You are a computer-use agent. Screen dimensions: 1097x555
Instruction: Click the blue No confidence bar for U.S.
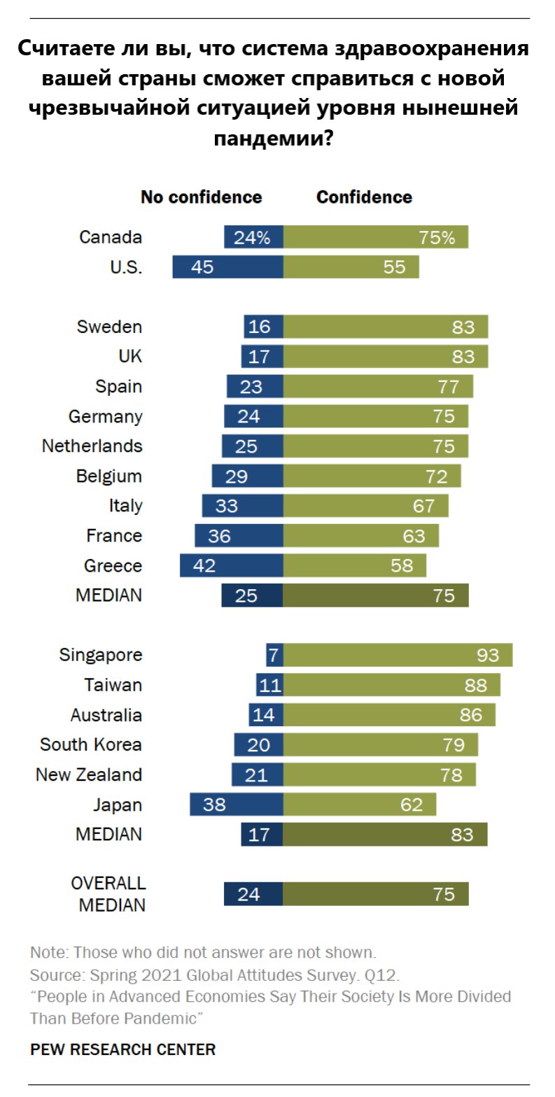coord(227,267)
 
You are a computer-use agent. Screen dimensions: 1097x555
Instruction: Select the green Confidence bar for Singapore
coord(398,655)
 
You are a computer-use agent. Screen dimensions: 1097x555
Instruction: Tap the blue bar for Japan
coord(236,805)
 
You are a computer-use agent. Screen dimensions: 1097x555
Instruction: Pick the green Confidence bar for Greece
coord(354,565)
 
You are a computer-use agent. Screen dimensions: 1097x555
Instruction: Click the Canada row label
coord(111,237)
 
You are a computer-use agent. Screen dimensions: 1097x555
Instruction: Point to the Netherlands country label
coord(92,446)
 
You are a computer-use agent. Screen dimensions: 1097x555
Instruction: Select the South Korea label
coord(91,744)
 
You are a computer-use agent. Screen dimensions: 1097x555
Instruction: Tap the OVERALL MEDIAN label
coord(108,893)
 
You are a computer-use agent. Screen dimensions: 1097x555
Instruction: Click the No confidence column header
coord(202,197)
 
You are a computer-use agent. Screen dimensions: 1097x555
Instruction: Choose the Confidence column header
coord(364,197)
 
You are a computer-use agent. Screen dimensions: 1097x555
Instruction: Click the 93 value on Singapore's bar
coord(488,655)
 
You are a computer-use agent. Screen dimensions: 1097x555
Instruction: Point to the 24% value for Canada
coord(252,237)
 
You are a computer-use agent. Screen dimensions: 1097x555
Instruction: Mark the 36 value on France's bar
coord(219,536)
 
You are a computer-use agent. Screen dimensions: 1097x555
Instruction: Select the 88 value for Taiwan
coord(475,685)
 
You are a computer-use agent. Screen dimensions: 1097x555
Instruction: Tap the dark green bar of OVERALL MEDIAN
coord(375,894)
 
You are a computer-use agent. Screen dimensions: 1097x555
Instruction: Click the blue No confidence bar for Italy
coord(242,506)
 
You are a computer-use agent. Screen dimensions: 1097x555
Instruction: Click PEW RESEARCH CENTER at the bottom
coord(122,1049)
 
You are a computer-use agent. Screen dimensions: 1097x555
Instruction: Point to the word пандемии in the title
coord(272,138)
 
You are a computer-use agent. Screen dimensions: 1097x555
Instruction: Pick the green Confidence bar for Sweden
coord(385,327)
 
